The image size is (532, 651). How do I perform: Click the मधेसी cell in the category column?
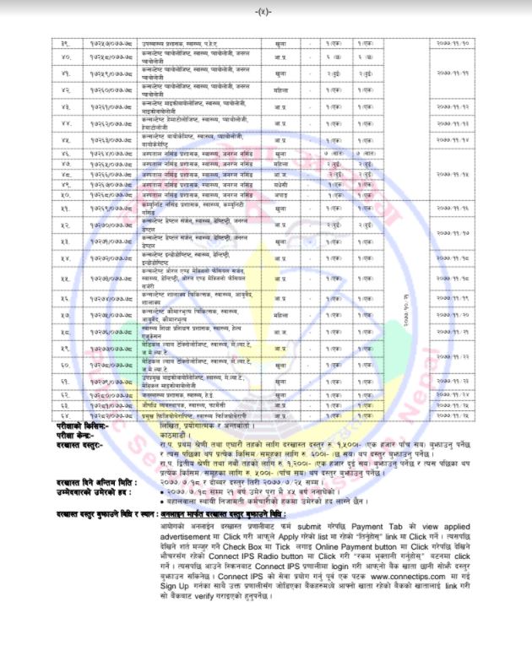click(x=280, y=183)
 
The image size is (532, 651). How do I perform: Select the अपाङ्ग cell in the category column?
click(x=280, y=193)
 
